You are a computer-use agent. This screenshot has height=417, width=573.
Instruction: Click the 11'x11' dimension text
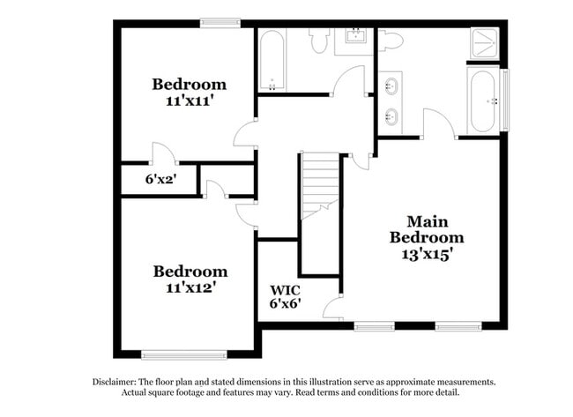pyautogui.click(x=189, y=101)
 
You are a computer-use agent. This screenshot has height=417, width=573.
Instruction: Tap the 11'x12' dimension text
pyautogui.click(x=189, y=287)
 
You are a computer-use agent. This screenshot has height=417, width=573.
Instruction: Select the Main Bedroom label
pyautogui.click(x=427, y=229)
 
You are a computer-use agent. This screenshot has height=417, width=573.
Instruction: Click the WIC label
pyautogui.click(x=286, y=289)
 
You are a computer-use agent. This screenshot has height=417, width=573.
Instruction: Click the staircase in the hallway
pyautogui.click(x=320, y=185)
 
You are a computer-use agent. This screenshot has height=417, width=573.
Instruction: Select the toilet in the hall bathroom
pyautogui.click(x=319, y=40)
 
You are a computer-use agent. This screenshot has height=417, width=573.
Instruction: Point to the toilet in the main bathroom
pyautogui.click(x=390, y=40)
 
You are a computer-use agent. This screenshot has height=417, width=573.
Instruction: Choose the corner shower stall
pyautogui.click(x=485, y=43)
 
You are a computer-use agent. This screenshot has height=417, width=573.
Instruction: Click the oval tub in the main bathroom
pyautogui.click(x=483, y=99)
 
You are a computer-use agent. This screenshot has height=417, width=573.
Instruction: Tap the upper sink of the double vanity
pyautogui.click(x=390, y=86)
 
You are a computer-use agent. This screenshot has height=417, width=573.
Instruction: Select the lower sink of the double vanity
pyautogui.click(x=390, y=115)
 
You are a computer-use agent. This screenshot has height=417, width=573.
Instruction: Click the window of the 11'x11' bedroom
pyautogui.click(x=214, y=24)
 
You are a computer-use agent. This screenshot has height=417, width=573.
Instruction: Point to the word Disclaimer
pyautogui.click(x=114, y=382)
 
